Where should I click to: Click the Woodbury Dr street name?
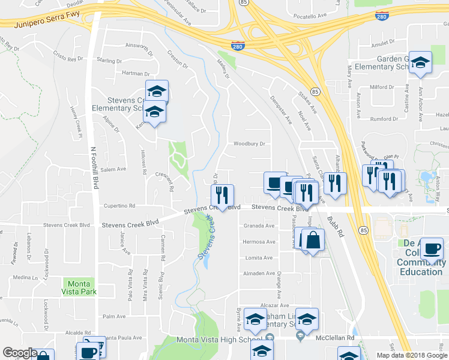pyautogui.click(x=249, y=144)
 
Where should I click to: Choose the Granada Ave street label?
pyautogui.click(x=259, y=226)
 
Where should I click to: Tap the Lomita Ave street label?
pyautogui.click(x=259, y=257)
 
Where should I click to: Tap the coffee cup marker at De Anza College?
pyautogui.click(x=432, y=248)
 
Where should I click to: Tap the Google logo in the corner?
pyautogui.click(x=20, y=353)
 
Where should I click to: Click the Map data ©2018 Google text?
pyautogui.click(x=412, y=355)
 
